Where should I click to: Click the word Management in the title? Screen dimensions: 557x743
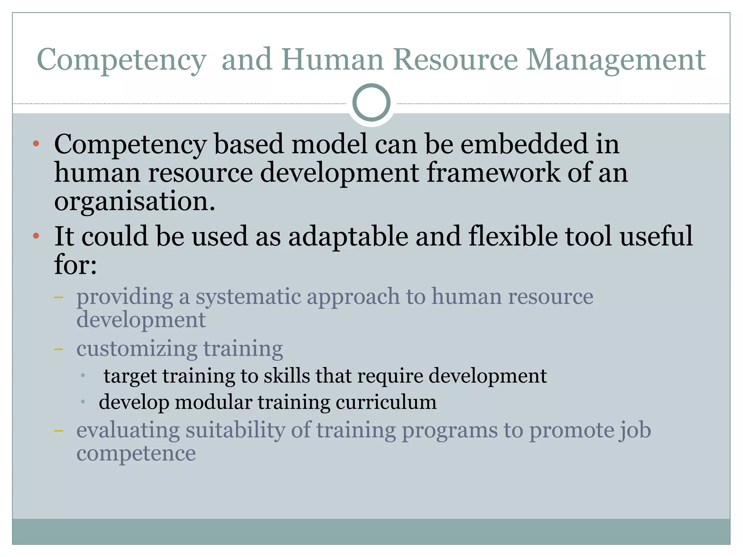(616, 60)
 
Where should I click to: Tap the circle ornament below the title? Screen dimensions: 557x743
(371, 103)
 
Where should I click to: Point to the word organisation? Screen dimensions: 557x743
(135, 202)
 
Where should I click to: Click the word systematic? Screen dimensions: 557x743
(249, 297)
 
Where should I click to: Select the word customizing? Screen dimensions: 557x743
(137, 349)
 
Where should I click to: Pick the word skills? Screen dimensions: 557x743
(287, 376)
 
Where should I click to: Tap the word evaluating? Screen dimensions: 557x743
(128, 430)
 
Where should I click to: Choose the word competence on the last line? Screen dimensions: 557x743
(136, 453)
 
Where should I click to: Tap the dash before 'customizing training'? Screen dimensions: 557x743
(58, 349)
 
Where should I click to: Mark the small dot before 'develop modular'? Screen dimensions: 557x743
(83, 402)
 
